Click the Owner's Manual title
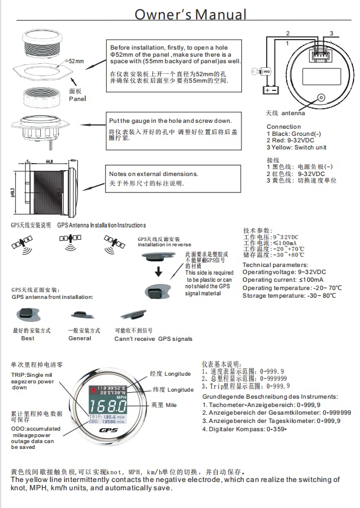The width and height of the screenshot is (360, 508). click(190, 14)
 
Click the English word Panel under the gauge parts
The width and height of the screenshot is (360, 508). click(77, 99)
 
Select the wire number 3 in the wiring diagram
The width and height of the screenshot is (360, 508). click(331, 33)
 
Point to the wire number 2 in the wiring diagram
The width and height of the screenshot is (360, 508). click(287, 33)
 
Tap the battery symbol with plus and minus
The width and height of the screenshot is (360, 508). click(271, 90)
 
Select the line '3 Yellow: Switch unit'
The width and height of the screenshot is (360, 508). click(296, 148)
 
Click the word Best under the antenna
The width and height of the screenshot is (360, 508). click(28, 338)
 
